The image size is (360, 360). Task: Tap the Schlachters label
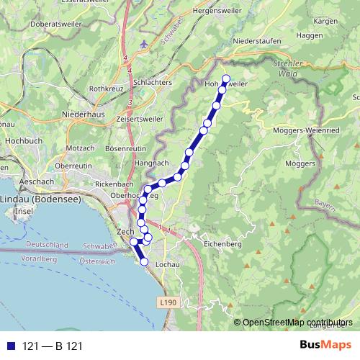[148, 83]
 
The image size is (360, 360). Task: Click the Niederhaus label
[84, 114]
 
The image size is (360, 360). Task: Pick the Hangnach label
[150, 163]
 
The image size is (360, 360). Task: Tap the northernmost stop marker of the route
[225, 79]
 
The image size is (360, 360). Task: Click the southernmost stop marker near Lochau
[144, 262]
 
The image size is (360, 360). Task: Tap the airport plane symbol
[145, 45]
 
